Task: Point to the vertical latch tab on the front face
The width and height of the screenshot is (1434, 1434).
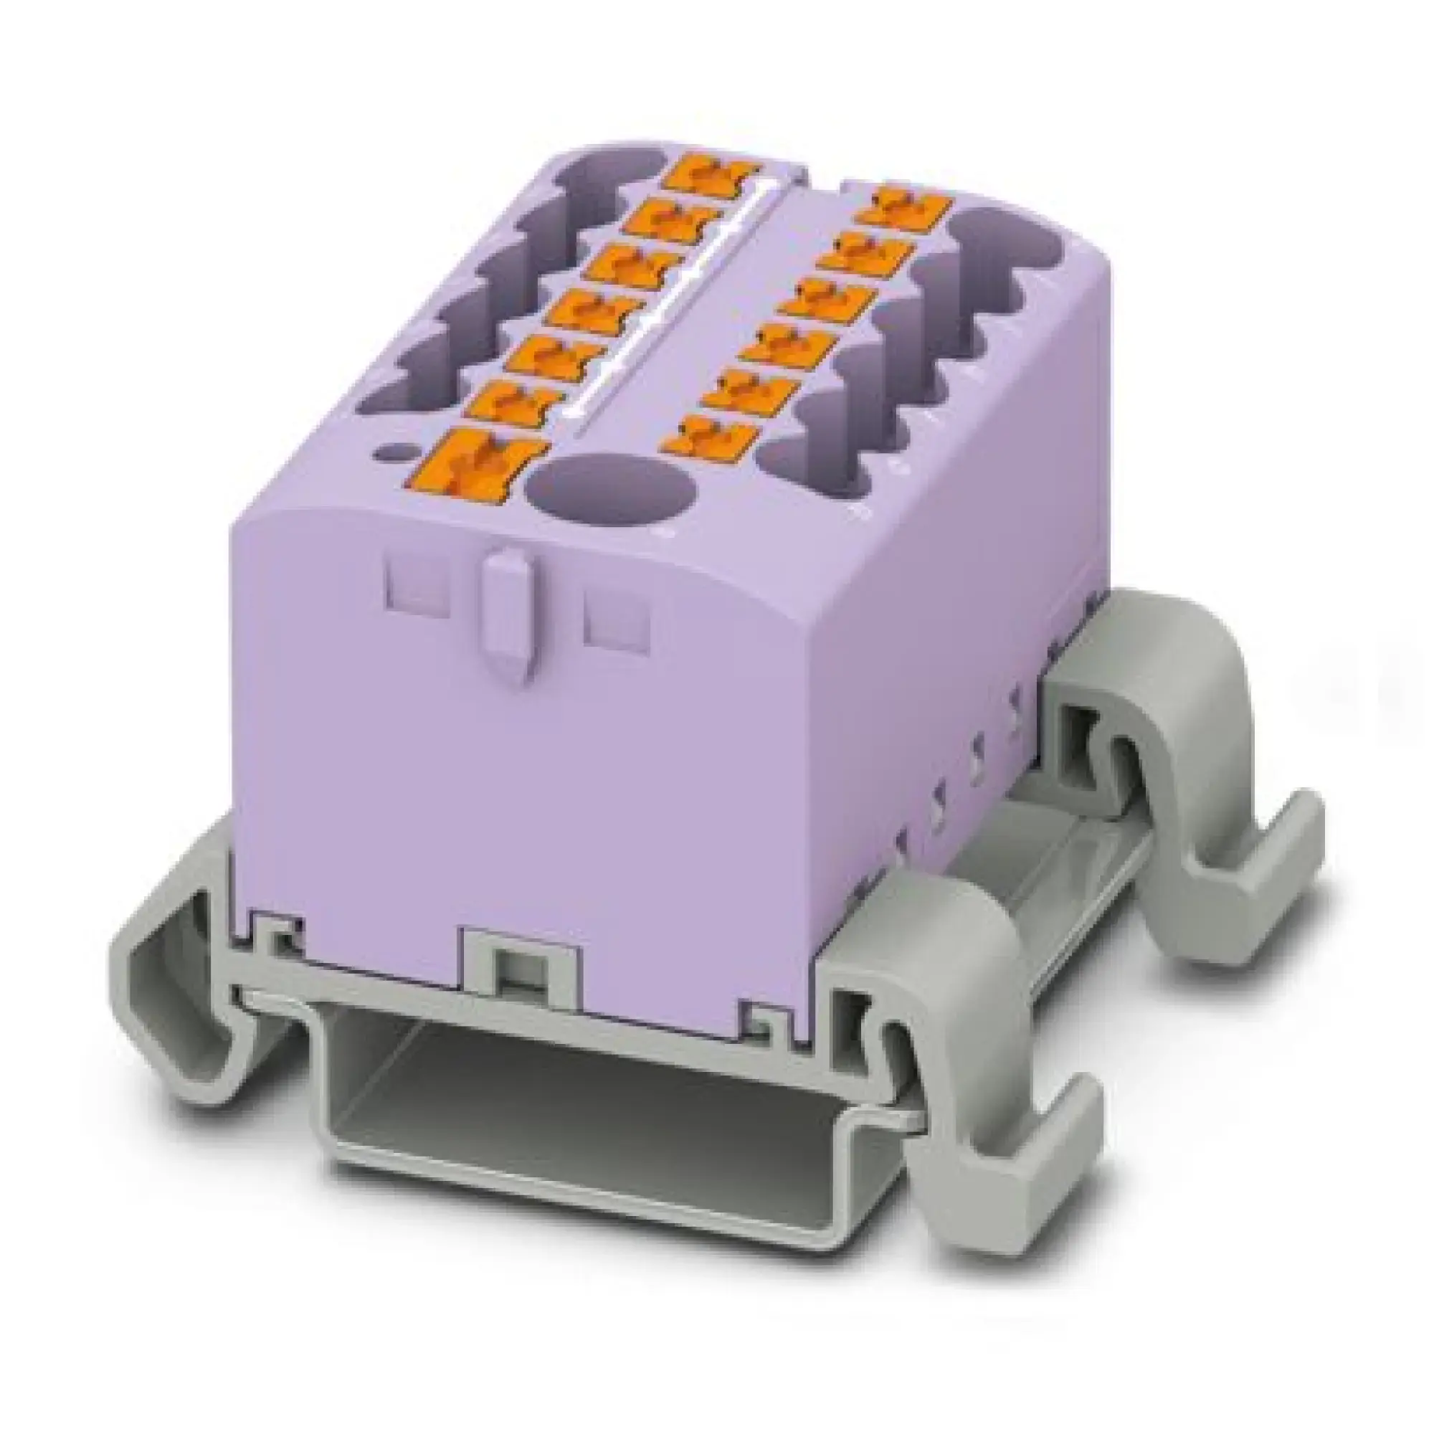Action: pyautogui.click(x=507, y=620)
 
